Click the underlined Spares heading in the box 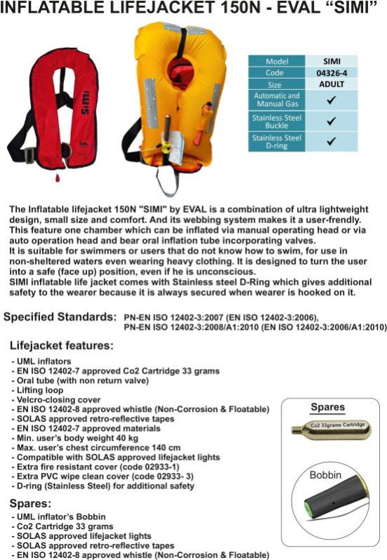(x=327, y=407)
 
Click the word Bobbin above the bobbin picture (x=325, y=475)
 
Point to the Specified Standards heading (x=60, y=316)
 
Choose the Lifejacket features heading (x=62, y=346)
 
